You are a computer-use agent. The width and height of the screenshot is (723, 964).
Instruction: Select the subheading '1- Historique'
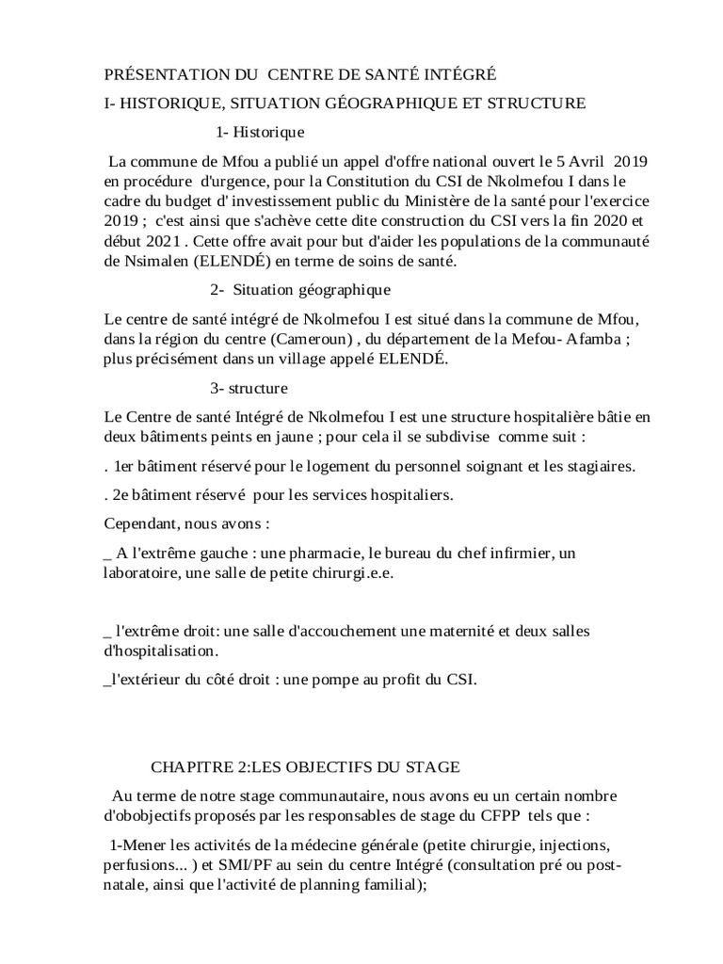[x=260, y=132]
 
